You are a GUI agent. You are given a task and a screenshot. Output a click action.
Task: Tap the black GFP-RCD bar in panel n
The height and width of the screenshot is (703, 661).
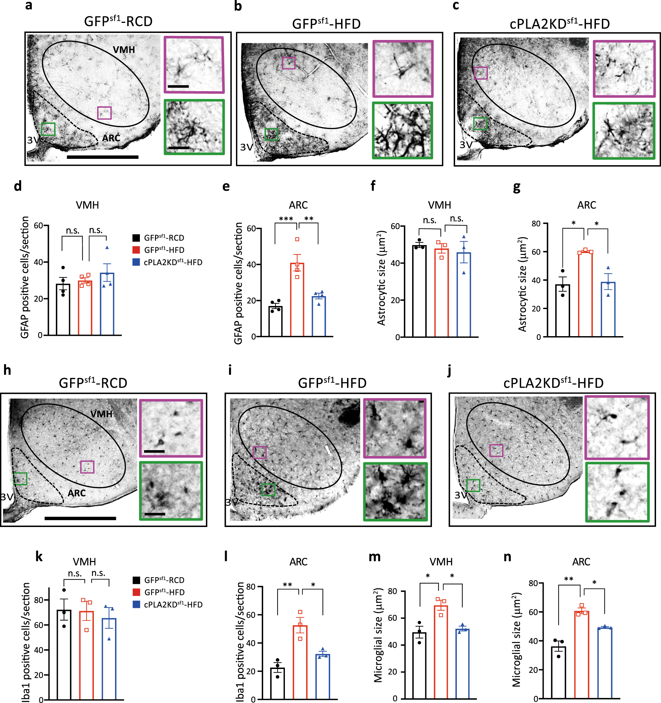[559, 672]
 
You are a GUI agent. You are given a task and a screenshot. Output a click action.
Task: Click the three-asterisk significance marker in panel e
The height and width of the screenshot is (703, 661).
[286, 219]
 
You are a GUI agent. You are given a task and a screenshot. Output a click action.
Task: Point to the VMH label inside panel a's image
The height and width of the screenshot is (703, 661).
[124, 50]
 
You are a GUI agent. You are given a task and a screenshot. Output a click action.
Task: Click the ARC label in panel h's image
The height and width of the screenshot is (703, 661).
[76, 493]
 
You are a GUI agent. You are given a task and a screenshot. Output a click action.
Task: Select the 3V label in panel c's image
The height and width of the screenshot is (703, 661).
[466, 145]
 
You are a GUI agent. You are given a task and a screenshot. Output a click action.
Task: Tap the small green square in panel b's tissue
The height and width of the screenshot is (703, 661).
[271, 134]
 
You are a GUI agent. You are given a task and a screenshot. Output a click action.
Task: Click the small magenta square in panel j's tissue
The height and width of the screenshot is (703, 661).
[496, 450]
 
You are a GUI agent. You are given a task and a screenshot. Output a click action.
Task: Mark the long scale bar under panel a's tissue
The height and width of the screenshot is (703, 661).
[102, 157]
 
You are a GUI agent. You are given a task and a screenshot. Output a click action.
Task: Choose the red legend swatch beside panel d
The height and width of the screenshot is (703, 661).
[136, 250]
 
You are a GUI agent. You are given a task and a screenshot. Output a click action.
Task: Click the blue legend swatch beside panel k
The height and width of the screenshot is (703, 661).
[136, 604]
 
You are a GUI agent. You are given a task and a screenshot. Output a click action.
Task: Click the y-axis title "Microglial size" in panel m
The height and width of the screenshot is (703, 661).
[378, 635]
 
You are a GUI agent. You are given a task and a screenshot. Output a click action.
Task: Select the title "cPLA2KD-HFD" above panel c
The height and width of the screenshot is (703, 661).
[560, 24]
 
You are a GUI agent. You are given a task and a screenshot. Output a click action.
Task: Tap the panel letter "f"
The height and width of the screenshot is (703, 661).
[373, 186]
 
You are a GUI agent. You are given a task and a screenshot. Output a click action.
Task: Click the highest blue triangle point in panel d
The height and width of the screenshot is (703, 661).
[107, 248]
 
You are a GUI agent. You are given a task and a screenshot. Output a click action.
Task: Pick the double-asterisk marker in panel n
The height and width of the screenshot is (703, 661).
[569, 579]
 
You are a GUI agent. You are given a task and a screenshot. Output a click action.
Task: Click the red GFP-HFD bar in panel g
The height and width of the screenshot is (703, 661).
[585, 294]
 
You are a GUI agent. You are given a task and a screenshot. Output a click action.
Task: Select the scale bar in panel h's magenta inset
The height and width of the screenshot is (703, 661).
[154, 451]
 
